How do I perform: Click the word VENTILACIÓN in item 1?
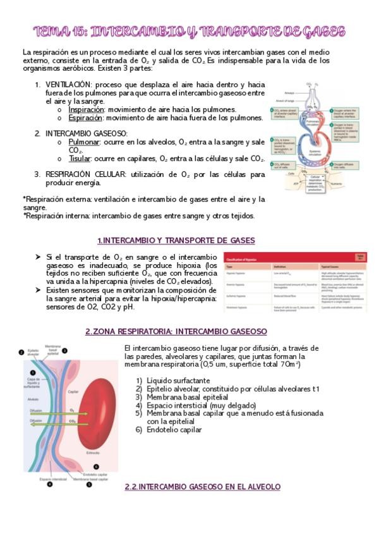pos(69,84)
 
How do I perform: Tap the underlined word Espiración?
pos(85,118)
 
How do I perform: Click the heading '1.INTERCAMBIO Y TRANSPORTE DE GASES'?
pos(176,240)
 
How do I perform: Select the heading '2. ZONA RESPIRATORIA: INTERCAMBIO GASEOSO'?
pos(176,331)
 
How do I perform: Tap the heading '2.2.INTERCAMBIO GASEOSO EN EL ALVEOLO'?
pos(202,487)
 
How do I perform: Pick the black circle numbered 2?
pos(21,353)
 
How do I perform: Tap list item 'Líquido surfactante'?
pos(178,381)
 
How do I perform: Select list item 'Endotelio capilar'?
pos(174,430)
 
